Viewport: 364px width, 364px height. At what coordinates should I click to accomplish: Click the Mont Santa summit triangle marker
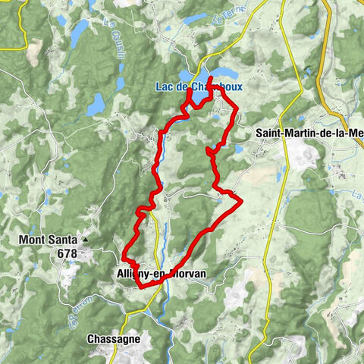(x=86, y=240)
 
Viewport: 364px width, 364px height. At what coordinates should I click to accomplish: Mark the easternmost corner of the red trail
(x=241, y=201)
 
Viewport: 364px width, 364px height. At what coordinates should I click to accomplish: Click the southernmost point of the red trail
(x=140, y=287)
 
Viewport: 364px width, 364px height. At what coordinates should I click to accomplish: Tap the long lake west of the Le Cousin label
(x=79, y=32)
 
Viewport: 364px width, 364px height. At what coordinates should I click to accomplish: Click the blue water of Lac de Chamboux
(x=199, y=99)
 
